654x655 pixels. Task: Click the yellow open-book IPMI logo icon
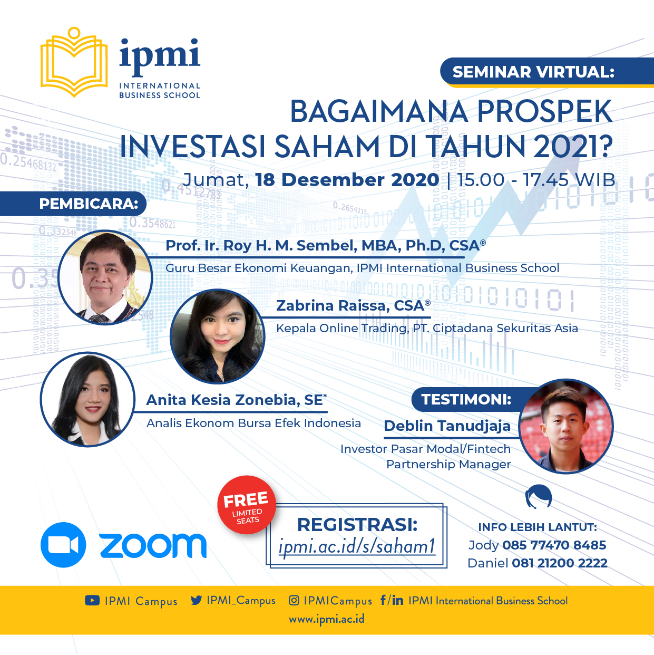click(74, 62)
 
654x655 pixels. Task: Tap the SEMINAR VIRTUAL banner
click(547, 72)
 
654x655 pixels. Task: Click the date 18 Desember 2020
click(347, 179)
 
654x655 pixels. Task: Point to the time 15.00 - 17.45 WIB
click(536, 179)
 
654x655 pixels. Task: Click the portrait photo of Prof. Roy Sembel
click(105, 277)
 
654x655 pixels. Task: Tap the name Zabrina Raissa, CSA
click(353, 305)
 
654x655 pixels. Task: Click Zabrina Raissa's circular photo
click(218, 336)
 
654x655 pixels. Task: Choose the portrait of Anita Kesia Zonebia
click(87, 399)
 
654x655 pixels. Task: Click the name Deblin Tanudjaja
click(447, 426)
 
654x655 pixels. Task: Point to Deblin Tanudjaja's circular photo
click(566, 426)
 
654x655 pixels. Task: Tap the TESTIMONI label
click(466, 399)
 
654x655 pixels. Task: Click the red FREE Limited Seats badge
click(247, 504)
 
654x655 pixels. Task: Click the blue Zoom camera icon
click(63, 545)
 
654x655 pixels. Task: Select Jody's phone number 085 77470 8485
click(554, 545)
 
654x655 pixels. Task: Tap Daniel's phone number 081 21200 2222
click(560, 563)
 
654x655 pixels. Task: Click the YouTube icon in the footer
click(92, 601)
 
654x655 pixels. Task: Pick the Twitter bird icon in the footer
click(197, 600)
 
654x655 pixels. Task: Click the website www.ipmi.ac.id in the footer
click(327, 619)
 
